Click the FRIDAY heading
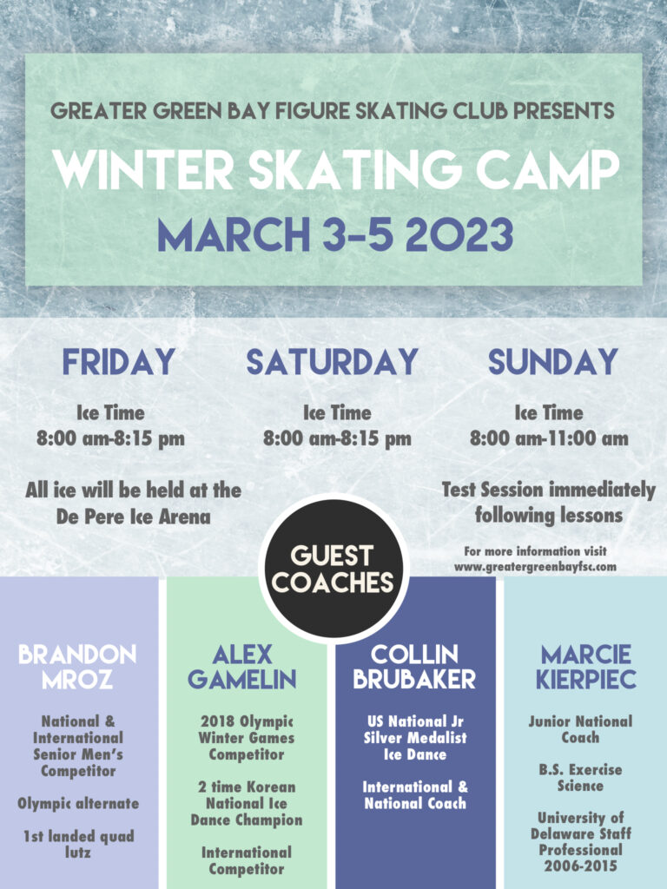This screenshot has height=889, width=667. pyautogui.click(x=118, y=362)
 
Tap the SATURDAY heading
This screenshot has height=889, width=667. pyautogui.click(x=333, y=362)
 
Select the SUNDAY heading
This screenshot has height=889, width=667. pyautogui.click(x=552, y=362)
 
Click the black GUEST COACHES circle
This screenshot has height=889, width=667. pyautogui.click(x=333, y=569)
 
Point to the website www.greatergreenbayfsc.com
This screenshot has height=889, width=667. pyautogui.click(x=535, y=566)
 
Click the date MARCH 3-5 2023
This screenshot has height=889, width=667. pyautogui.click(x=335, y=234)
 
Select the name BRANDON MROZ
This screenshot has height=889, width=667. pyautogui.click(x=77, y=666)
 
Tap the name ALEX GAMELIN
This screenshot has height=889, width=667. pyautogui.click(x=242, y=666)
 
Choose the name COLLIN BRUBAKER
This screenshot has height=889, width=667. pyautogui.click(x=414, y=666)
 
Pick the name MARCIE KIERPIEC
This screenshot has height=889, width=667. pyautogui.click(x=586, y=666)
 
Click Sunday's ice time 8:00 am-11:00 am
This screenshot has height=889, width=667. pyautogui.click(x=549, y=438)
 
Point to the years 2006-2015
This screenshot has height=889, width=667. pyautogui.click(x=580, y=866)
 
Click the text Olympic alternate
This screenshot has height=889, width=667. pyautogui.click(x=78, y=804)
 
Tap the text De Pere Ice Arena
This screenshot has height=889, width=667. pyautogui.click(x=133, y=517)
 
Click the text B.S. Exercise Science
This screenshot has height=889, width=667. pyautogui.click(x=580, y=777)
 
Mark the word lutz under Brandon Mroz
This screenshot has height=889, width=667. pyautogui.click(x=77, y=853)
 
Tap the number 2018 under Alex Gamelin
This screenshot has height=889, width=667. pyautogui.click(x=217, y=721)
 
